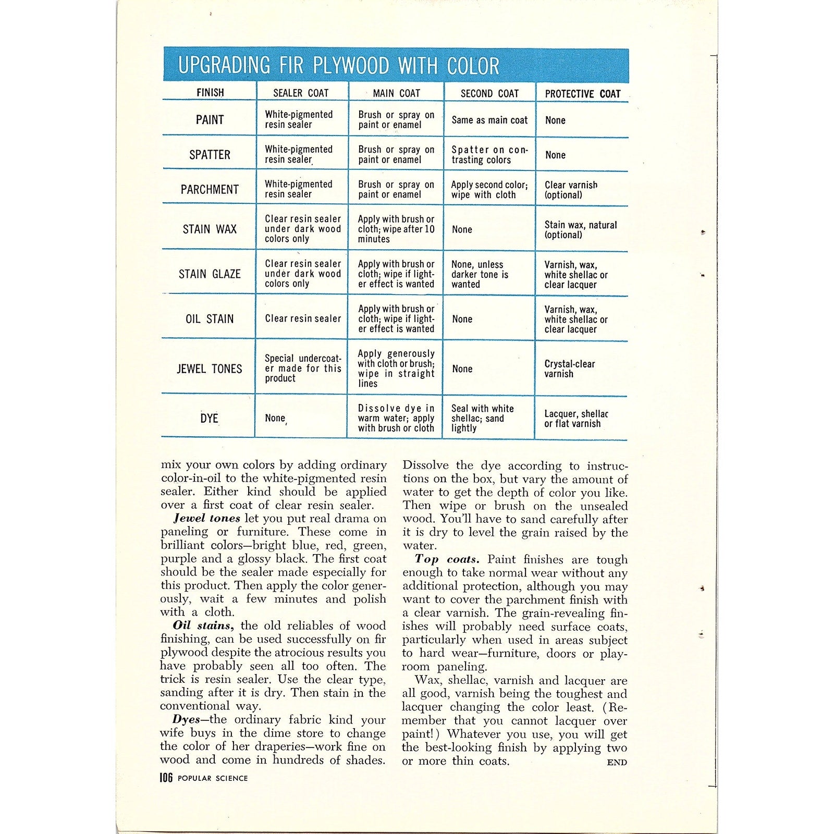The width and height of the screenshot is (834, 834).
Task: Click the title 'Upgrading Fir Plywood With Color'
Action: point(339,66)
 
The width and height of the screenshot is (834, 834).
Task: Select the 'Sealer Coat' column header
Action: point(301,93)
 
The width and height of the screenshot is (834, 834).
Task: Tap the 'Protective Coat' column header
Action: point(582,94)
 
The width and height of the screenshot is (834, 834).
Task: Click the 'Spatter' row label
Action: point(210,155)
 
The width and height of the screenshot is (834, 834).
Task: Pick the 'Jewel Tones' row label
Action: point(210,369)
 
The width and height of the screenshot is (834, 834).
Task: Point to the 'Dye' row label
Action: point(209,418)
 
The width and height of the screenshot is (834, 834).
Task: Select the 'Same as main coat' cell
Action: point(489,120)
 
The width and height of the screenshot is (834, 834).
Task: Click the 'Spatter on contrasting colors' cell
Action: point(489,155)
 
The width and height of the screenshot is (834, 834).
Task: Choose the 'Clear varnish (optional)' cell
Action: point(571,190)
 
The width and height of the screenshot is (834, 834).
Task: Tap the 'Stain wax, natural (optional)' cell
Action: point(580,230)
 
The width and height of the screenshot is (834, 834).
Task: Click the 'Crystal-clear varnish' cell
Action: point(569,369)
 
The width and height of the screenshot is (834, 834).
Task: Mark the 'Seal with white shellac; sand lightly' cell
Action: point(482,418)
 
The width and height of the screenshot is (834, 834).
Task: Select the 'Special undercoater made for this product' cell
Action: point(302,369)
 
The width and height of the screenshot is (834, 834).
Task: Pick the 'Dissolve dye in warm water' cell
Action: point(396,418)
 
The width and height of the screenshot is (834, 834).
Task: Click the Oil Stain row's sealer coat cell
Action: point(302,318)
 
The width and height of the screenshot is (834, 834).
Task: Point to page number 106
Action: point(166,778)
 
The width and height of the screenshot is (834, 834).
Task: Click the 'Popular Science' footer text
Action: point(213,778)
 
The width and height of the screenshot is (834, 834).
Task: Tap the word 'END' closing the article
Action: point(617,762)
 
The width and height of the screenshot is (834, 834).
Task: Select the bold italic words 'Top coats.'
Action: point(447,559)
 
